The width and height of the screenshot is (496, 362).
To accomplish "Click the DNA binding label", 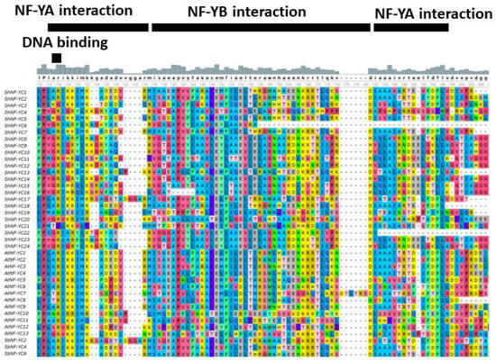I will pos(64,43).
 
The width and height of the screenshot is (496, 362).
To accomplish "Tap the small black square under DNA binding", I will pos(57,59).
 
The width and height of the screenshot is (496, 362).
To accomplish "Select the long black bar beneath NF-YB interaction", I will pos(261,27).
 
